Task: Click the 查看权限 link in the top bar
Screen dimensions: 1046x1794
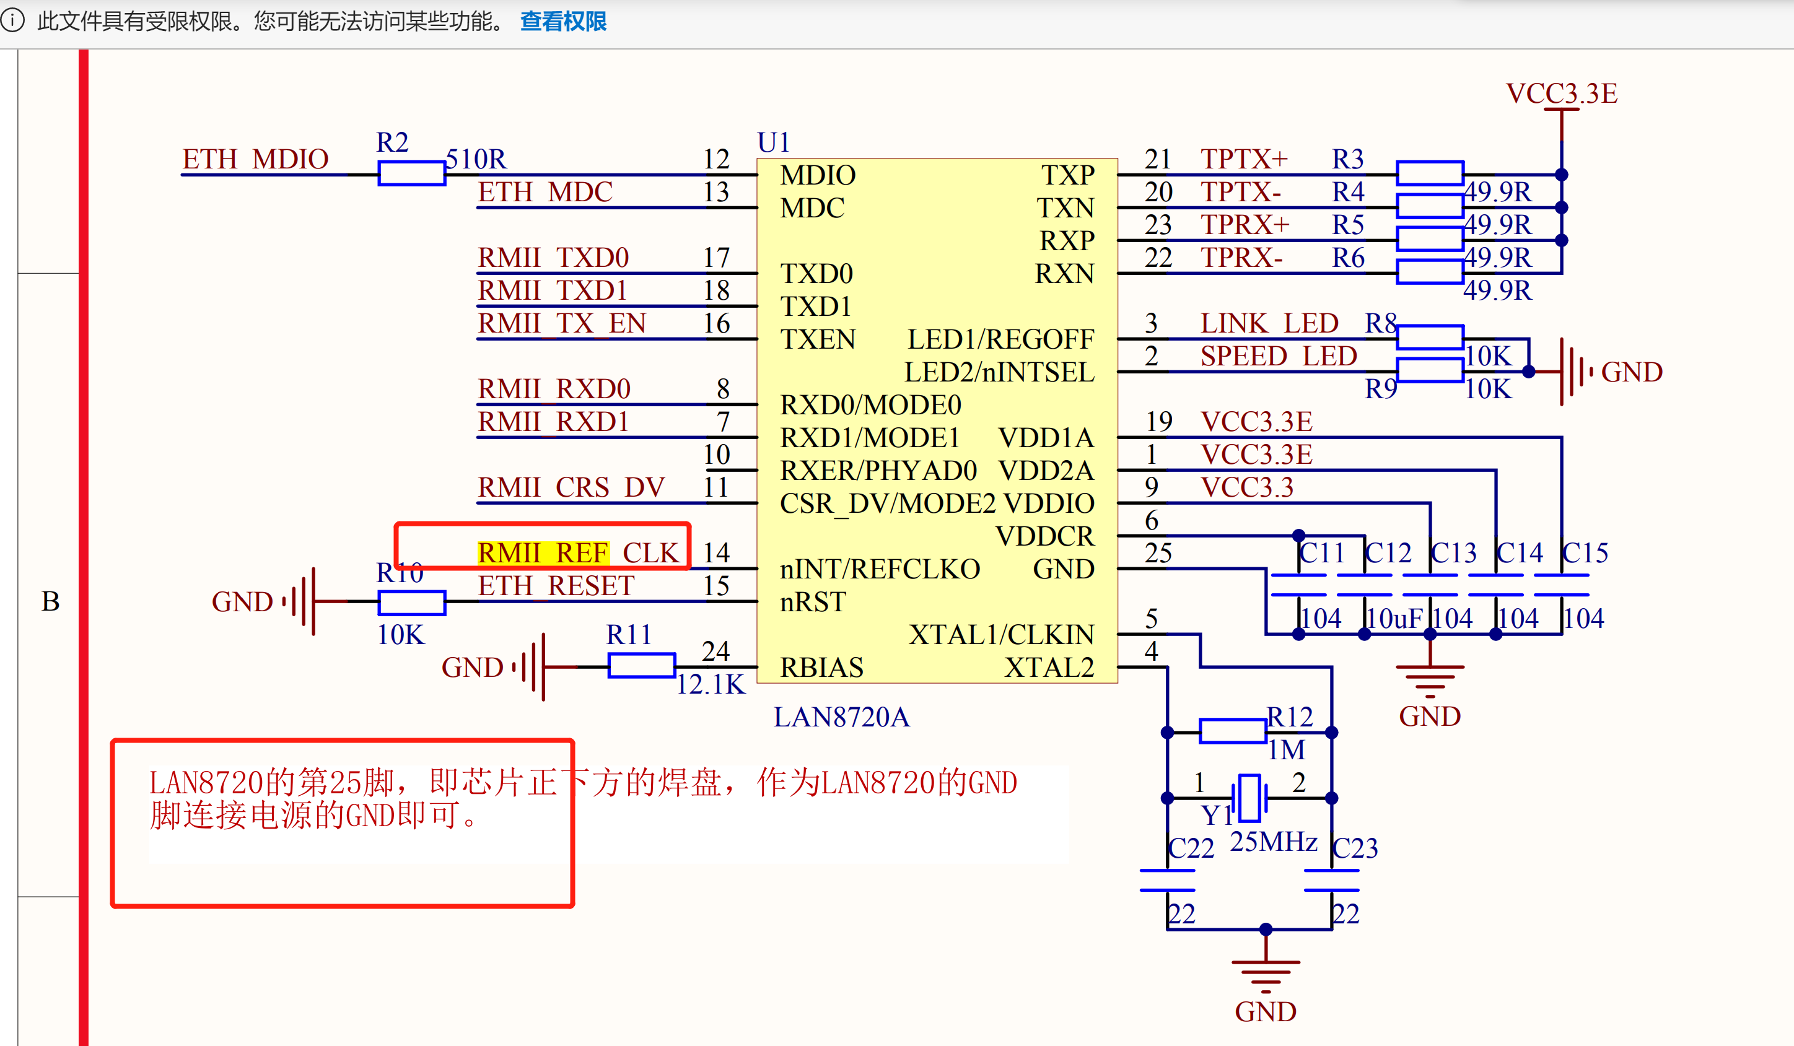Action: (563, 21)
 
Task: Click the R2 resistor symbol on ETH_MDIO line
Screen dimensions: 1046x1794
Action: (411, 173)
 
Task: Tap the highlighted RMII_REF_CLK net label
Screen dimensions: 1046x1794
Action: (578, 553)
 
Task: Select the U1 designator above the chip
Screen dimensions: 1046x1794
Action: (773, 142)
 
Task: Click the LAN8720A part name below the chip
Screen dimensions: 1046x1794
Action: (841, 717)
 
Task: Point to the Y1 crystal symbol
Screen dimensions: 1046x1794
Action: (1249, 798)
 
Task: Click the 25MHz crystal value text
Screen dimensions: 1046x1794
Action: (1274, 842)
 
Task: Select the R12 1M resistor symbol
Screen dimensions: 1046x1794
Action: (1232, 731)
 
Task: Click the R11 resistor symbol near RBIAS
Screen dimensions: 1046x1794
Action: (641, 666)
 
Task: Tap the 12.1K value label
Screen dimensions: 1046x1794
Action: (710, 684)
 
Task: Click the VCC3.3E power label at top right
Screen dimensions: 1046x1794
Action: (1561, 94)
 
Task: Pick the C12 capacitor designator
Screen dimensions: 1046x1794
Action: (1388, 553)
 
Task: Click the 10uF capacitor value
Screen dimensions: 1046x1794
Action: (1394, 618)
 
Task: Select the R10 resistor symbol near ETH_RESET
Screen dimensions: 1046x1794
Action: (411, 603)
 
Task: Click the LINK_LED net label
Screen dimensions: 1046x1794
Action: (1269, 324)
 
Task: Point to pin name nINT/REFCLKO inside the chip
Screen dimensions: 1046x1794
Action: (880, 569)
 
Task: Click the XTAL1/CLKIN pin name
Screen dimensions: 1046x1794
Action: (1001, 635)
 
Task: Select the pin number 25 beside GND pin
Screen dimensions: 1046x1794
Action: (1158, 553)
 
